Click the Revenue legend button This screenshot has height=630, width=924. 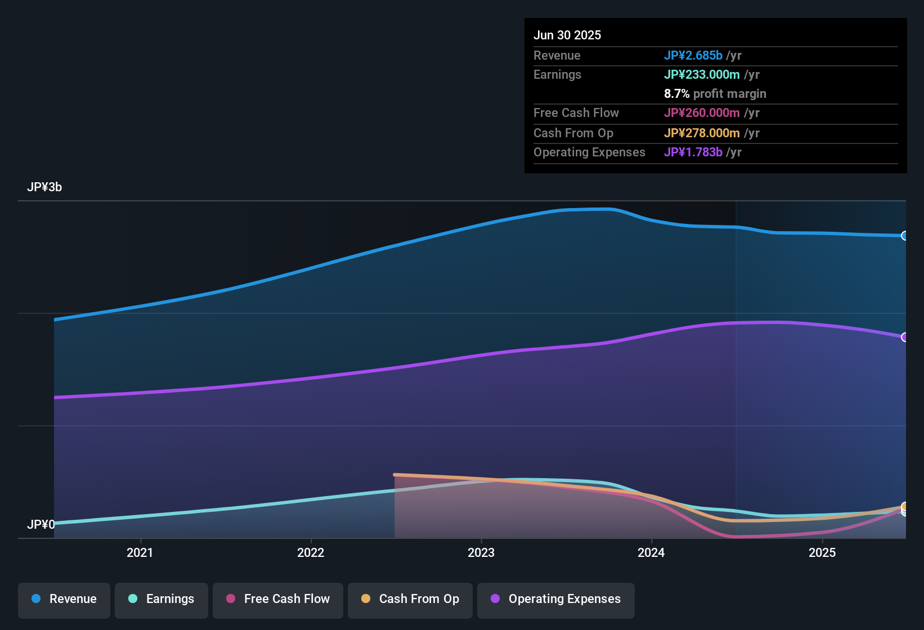pos(64,599)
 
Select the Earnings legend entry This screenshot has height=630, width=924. pos(162,599)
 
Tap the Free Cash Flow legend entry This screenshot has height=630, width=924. pos(278,599)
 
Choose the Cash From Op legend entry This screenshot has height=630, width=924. pos(410,599)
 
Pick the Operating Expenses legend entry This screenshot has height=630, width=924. pos(556,599)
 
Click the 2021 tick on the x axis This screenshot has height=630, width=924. pos(140,552)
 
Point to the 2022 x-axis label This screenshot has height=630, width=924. pos(311,552)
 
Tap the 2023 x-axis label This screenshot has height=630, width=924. pos(481,552)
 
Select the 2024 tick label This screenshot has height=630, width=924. pos(651,552)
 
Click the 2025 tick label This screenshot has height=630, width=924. pos(822,552)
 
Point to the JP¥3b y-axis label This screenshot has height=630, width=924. pos(44,187)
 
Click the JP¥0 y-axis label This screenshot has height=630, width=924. pos(41,525)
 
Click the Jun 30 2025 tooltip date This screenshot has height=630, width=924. pos(567,35)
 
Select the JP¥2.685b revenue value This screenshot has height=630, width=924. pos(693,55)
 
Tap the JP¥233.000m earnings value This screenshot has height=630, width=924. pos(702,74)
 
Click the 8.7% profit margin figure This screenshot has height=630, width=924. pos(676,93)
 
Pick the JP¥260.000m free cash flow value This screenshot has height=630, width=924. pos(702,112)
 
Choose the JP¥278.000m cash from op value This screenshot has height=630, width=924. pos(702,133)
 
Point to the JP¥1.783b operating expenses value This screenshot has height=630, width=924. pos(693,152)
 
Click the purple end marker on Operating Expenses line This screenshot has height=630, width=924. pos(904,337)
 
